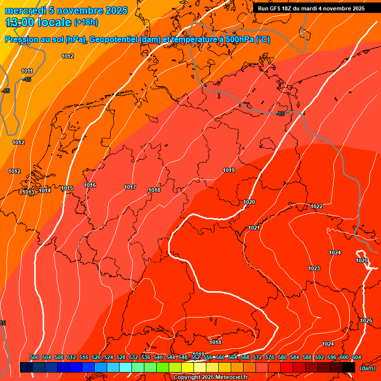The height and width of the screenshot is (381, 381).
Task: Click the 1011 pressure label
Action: click(27, 71)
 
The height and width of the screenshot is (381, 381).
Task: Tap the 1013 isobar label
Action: click(28, 192)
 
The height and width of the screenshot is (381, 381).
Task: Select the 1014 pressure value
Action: click(45, 190)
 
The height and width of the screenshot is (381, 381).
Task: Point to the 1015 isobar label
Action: click(67, 188)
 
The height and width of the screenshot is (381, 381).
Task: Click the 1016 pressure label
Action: click(90, 185)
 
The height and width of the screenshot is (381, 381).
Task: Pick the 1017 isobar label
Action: click(130, 187)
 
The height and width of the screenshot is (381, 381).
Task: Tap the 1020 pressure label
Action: click(249, 202)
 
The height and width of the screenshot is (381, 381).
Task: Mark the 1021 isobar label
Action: click(254, 228)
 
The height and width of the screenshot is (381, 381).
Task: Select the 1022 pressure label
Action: click(317, 206)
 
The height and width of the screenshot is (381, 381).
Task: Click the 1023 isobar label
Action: click(314, 268)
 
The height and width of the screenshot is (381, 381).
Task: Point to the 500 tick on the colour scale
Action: click(34, 357)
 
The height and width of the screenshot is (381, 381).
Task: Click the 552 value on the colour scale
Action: click(195, 357)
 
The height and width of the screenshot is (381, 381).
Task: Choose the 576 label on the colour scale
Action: click(270, 357)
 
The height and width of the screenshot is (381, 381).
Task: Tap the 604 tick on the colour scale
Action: click(356, 357)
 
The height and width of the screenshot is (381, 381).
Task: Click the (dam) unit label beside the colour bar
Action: click(367, 368)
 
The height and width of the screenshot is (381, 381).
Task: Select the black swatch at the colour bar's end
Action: click(349, 367)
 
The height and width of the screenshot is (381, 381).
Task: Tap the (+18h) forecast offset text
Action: click(86, 22)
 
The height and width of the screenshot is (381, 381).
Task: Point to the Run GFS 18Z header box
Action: click(311, 8)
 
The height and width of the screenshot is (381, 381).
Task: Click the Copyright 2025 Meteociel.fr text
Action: click(210, 377)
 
